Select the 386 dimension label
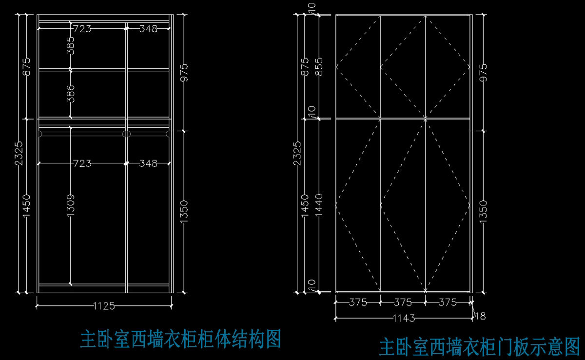(71, 93)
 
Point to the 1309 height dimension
(71, 205)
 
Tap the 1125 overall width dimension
(104, 306)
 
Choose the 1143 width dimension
(404, 319)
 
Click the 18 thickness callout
(480, 316)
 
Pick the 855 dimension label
(319, 67)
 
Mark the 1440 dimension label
(319, 205)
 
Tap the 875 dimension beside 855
(306, 67)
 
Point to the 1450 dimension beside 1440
(306, 205)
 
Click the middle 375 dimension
(403, 302)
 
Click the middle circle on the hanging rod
(126, 133)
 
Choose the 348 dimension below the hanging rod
(148, 163)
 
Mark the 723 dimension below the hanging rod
(82, 163)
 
